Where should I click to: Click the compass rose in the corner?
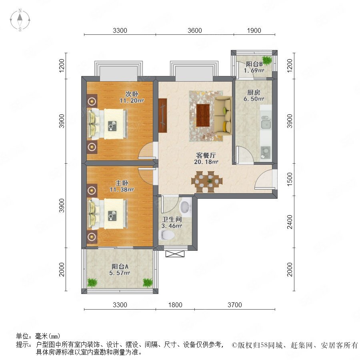coord(20,20)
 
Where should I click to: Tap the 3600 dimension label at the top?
coord(195,30)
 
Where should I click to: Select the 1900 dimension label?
coord(254,30)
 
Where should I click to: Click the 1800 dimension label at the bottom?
coord(175,305)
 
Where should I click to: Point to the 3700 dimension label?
coord(235,305)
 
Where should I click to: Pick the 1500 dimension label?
coord(290,179)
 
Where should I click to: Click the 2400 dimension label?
coord(290,222)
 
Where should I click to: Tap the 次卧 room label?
coord(132,94)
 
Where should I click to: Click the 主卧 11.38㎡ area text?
coord(122,190)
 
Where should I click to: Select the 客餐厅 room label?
coord(206,156)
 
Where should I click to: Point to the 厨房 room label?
coord(254,92)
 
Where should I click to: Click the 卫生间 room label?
coord(172,220)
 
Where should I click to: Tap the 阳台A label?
coord(120,266)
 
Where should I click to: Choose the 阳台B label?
coord(254,64)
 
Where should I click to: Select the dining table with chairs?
coord(207,182)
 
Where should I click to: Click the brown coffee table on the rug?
coord(203,115)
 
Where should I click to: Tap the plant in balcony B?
coord(267,60)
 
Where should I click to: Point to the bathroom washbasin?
coord(186,207)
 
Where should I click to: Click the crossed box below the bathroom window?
coord(175,254)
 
